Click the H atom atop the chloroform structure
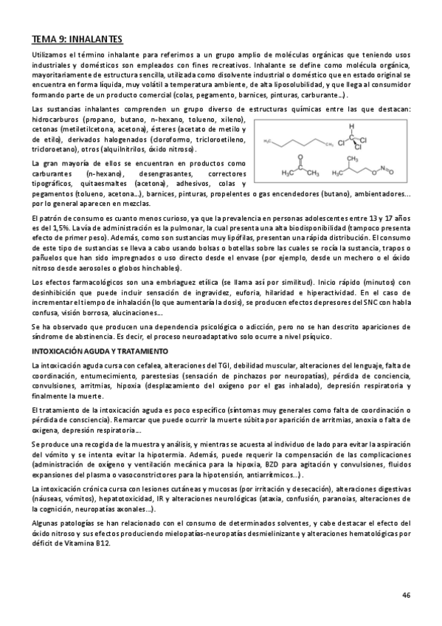[x=353, y=125]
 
